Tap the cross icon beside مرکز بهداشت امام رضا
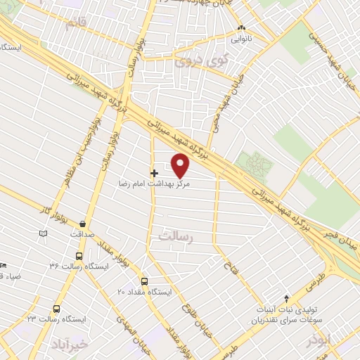pyautogui.click(x=154, y=172)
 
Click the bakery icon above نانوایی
pyautogui.click(x=241, y=29)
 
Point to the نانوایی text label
pyautogui.click(x=241, y=39)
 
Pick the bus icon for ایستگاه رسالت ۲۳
pyautogui.click(x=56, y=308)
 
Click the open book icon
pyautogui.click(x=44, y=232)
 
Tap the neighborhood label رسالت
pyautogui.click(x=175, y=238)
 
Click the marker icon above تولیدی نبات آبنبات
pyautogui.click(x=285, y=299)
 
